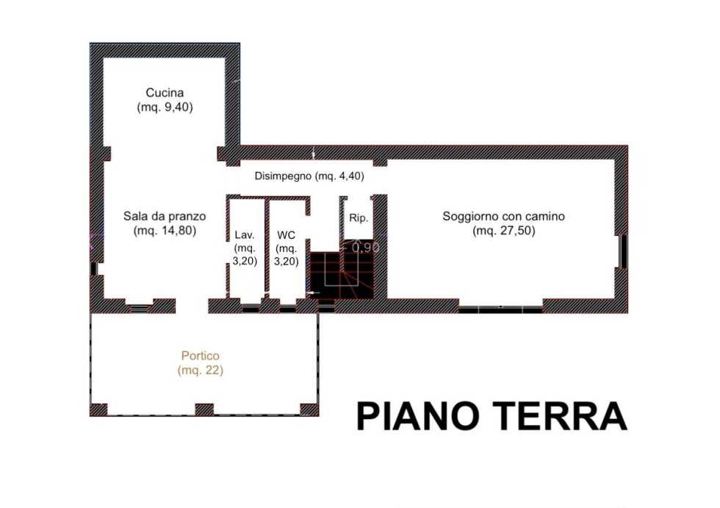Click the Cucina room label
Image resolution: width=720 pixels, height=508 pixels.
pos(165,93)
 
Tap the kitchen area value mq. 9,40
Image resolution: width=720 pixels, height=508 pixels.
pos(165,107)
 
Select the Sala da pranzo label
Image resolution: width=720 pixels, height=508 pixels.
pos(165,216)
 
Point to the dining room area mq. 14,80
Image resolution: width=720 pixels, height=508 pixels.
pos(165,231)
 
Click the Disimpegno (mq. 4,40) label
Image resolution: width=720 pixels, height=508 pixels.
pos(309,176)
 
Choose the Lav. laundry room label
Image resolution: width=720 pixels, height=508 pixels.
pos(244,235)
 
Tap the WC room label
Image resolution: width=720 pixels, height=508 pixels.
pos(286,235)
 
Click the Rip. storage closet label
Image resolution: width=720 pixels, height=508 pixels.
pos(359,218)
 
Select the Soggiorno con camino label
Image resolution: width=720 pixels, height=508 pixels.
pos(503,216)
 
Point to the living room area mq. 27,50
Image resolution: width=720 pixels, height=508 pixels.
pos(504,231)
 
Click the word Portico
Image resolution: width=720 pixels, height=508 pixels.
pos(200,356)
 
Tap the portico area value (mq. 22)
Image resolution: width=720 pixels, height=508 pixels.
pos(200,371)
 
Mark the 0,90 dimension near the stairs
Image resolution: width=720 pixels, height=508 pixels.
pos(366,248)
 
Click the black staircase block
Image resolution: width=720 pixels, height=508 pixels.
pos(342,276)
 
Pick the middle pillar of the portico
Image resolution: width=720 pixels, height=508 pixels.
pos(204,409)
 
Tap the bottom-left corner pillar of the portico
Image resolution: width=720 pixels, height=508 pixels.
pos(98,409)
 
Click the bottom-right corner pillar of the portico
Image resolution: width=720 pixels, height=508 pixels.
pos(309,409)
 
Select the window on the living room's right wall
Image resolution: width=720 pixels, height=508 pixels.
pos(624,251)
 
